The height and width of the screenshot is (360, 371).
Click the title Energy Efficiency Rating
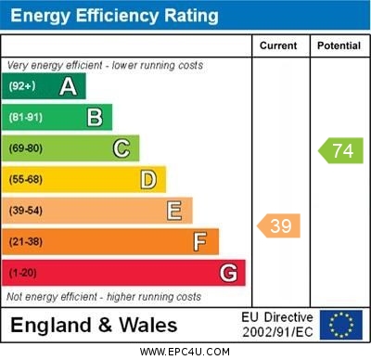coord(114,16)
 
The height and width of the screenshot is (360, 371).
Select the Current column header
coord(278,45)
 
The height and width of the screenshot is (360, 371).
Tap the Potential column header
coord(338,45)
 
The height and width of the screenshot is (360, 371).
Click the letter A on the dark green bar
coord(68,87)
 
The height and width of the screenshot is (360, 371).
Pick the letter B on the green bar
coord(95,117)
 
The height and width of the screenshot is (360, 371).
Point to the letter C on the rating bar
coord(122,148)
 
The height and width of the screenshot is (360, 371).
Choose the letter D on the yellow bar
coord(148,179)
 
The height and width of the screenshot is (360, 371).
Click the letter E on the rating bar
coord(174,211)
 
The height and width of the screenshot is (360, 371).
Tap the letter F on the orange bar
coord(200,242)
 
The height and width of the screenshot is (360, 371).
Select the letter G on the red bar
coord(227,273)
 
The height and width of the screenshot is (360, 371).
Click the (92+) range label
coord(22,87)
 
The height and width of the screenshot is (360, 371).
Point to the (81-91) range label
coord(26,118)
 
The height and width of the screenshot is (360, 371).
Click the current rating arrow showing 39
coord(279,225)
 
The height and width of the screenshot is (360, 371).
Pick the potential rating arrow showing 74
coord(340,150)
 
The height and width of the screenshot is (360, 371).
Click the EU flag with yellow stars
coord(340,324)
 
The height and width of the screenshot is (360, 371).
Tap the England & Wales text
coord(94,325)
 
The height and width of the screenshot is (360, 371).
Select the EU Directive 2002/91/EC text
coord(278,324)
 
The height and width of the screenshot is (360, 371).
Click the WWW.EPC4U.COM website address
coord(185,352)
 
